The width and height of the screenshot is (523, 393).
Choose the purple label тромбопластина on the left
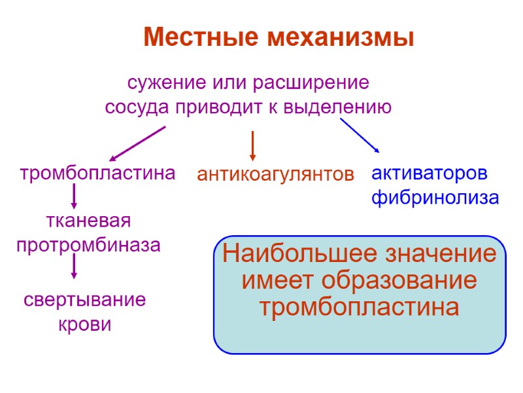[98, 174]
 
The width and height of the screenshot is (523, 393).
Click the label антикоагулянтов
[275, 175]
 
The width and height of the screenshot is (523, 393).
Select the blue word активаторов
[430, 174]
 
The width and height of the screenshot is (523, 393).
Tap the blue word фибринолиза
[435, 197]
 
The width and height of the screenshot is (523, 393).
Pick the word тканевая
[88, 221]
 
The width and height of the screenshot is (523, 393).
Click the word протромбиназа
[88, 246]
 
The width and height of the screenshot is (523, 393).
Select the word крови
[85, 324]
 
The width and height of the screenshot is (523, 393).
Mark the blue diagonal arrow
[360, 136]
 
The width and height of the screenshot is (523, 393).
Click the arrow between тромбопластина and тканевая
[74, 196]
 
